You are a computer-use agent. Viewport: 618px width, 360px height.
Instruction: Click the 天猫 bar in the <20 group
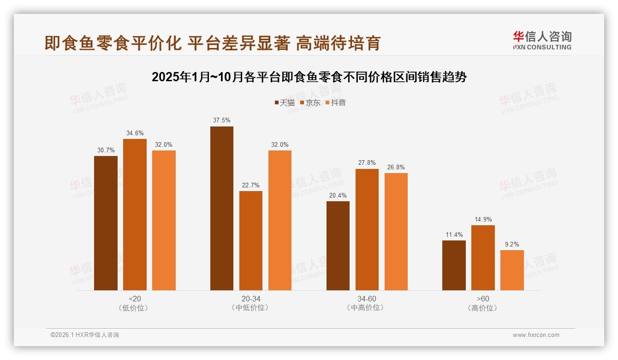[x=106, y=223]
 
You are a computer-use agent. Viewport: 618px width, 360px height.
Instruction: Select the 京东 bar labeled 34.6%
[x=135, y=215]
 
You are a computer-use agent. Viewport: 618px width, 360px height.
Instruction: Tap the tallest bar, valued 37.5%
[x=222, y=208]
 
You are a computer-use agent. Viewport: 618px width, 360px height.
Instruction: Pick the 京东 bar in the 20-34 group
[x=251, y=240]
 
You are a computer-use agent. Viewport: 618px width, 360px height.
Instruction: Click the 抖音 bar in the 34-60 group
[x=396, y=232]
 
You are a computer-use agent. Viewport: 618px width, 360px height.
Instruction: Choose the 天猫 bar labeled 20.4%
[x=338, y=246]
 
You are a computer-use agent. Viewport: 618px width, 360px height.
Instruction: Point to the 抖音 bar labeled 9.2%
[x=512, y=270]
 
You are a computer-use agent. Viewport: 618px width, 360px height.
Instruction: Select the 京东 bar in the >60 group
[x=483, y=258]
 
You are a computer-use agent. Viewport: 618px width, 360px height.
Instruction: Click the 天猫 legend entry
[x=285, y=102]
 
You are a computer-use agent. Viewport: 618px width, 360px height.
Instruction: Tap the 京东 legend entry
[x=310, y=102]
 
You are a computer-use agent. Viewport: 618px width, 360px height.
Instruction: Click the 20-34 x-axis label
[x=251, y=299]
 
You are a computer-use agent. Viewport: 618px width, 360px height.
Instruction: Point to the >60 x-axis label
[x=483, y=299]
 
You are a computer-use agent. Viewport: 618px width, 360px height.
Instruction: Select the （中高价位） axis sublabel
[x=367, y=308]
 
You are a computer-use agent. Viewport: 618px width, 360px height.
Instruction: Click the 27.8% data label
[x=367, y=162]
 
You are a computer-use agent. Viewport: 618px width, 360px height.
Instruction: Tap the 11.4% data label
[x=454, y=234]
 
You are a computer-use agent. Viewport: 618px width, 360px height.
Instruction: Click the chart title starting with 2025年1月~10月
[x=309, y=77]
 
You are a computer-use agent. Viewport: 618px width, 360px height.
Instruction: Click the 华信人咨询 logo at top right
[x=542, y=41]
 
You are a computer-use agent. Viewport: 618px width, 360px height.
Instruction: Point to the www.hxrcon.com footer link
[x=536, y=335]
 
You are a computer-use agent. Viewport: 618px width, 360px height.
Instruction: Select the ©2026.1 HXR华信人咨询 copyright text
[x=85, y=335]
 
